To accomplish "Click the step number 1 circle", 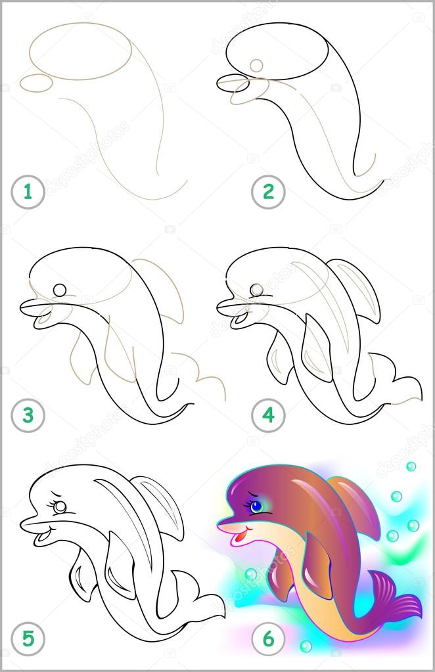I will tap(28, 192).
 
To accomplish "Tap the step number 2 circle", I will tap(268, 192).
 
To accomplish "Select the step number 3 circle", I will tap(28, 415).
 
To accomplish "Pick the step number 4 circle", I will tap(268, 415).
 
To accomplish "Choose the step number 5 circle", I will tap(28, 637).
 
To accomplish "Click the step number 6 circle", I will tap(268, 637).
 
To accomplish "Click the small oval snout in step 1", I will tap(37, 82).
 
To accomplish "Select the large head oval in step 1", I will tap(81, 51).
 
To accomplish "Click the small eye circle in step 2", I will tap(256, 65).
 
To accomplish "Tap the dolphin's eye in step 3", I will tap(60, 290).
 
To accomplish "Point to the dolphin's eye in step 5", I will tap(60, 507).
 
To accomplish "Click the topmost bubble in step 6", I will tap(411, 466).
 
